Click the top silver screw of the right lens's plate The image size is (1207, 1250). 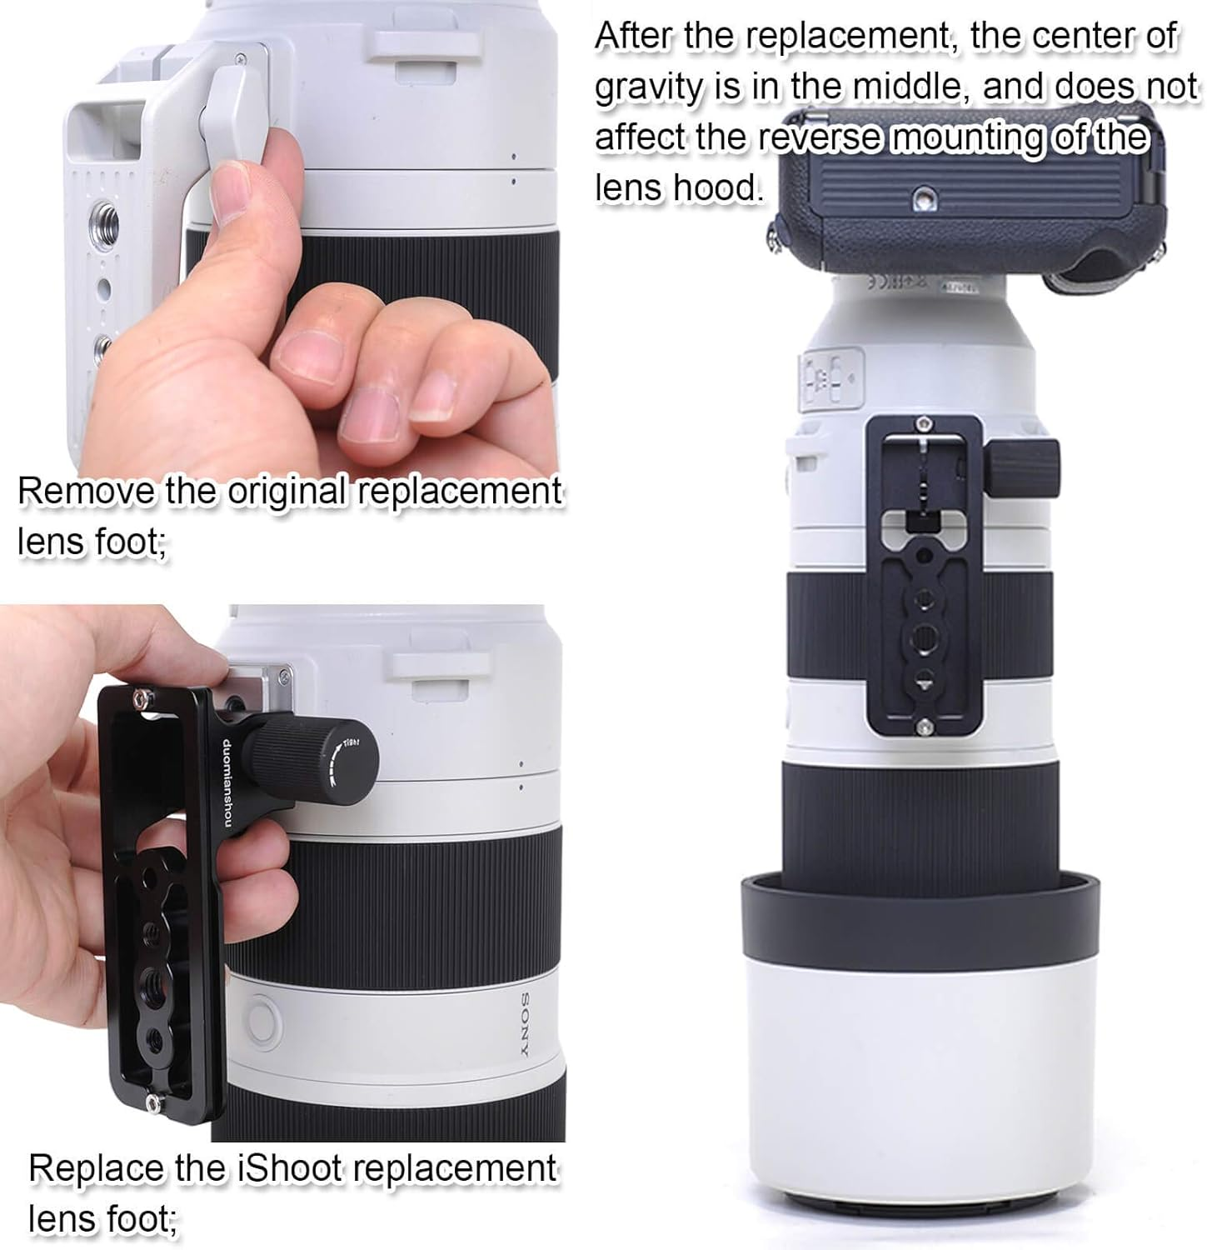(922, 422)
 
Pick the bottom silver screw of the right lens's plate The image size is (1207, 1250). (921, 730)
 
